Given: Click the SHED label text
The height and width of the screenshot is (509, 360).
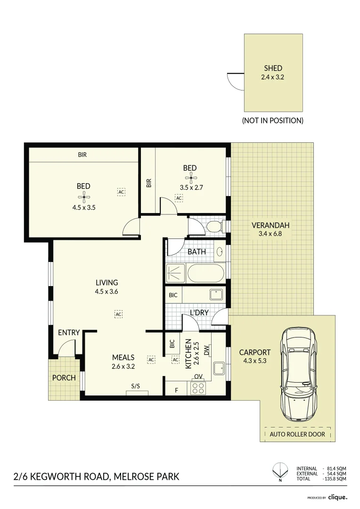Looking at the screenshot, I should [x=273, y=68].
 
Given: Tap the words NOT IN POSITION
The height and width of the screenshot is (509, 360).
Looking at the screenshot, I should [x=272, y=121].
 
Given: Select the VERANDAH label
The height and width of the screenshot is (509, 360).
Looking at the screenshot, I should [x=270, y=225].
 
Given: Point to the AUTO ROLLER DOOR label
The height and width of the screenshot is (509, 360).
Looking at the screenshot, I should [x=297, y=434].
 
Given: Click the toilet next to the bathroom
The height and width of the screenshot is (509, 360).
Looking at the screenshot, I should [x=215, y=227].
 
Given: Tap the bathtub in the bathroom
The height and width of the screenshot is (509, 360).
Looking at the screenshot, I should [x=206, y=273].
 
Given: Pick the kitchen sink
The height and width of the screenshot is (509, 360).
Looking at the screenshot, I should [x=219, y=368].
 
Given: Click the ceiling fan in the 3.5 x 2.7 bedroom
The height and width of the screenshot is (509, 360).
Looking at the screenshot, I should [x=190, y=177].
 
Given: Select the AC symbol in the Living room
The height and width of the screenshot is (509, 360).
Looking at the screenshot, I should [x=118, y=313].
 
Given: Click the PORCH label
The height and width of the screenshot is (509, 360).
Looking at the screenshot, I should [x=64, y=378].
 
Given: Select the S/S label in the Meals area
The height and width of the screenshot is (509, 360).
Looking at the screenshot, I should [x=136, y=386].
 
